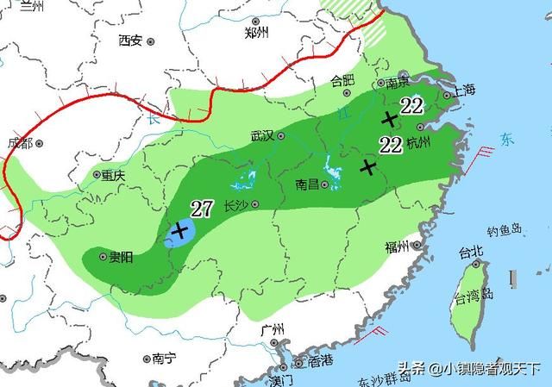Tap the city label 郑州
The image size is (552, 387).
(x=256, y=33)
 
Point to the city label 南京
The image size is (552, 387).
(x=397, y=84)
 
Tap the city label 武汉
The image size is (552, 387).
(x=261, y=136)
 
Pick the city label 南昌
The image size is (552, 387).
(x=308, y=184)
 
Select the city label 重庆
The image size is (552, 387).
(x=113, y=175)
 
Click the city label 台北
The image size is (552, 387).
(x=471, y=252)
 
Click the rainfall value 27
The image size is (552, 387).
(x=202, y=208)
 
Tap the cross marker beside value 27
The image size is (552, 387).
(x=180, y=230)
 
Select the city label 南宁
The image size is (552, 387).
(x=163, y=358)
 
